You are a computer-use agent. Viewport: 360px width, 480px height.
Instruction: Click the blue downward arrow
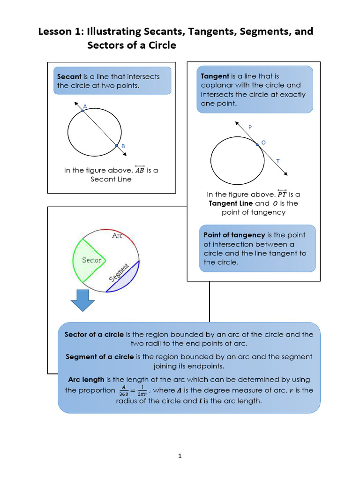[82, 300]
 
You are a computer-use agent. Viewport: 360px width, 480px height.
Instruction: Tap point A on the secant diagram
[83, 111]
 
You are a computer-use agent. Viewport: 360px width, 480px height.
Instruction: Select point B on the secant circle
[116, 146]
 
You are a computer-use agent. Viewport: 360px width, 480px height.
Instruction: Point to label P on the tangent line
[250, 127]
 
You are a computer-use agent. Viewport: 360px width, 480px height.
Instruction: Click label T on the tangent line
[278, 161]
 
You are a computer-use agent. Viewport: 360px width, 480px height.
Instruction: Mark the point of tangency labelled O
[257, 144]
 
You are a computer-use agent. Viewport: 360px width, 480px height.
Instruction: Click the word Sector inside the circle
[91, 260]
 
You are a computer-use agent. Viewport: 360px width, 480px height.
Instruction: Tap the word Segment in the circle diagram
[119, 272]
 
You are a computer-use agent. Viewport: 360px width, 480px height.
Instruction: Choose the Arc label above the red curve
[117, 236]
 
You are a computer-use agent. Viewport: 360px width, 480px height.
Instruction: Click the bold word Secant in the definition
[69, 76]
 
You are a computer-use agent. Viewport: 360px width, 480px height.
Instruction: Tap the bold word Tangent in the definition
[215, 76]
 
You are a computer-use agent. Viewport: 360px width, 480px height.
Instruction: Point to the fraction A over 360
[124, 390]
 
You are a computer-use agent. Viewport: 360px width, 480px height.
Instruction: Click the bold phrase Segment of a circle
[100, 357]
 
